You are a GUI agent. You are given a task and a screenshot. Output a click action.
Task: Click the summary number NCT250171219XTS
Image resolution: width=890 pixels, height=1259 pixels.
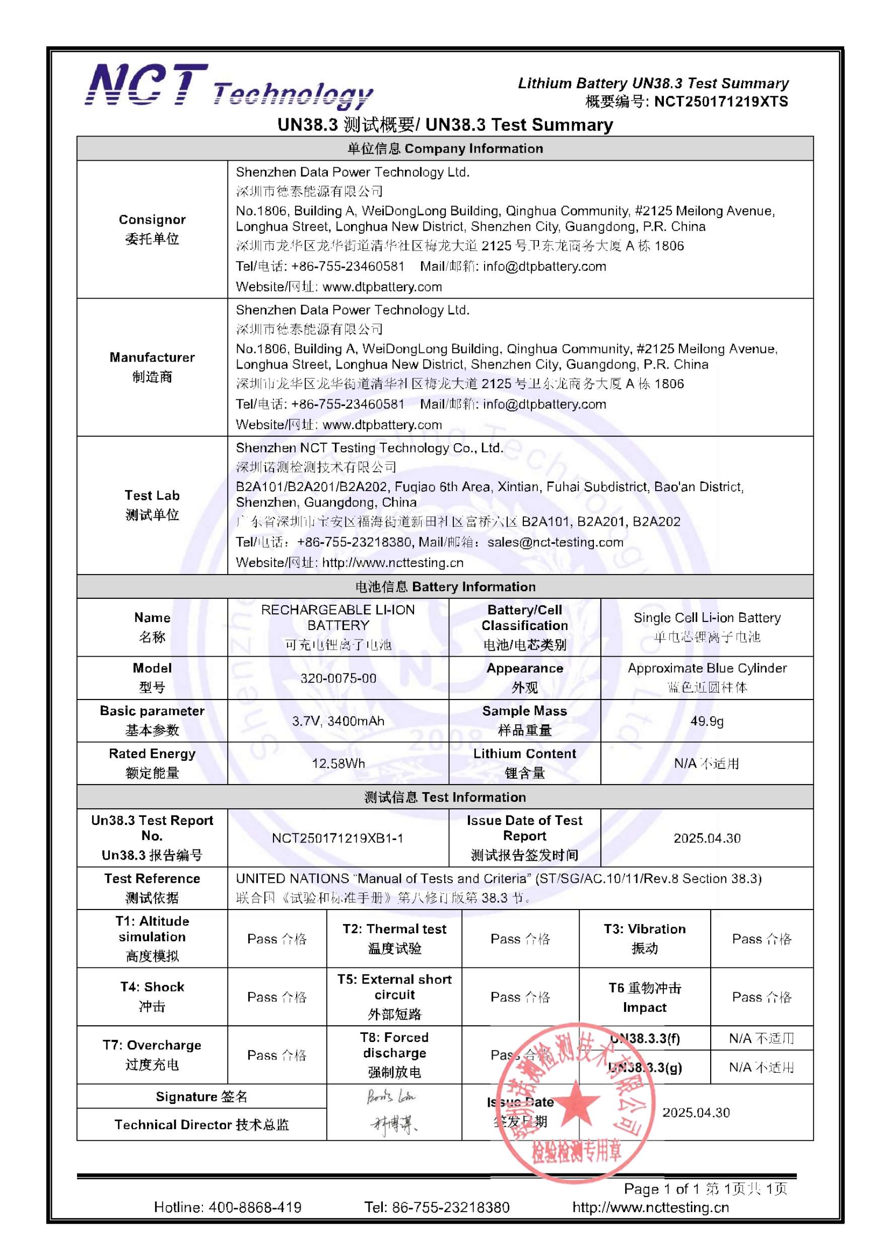(721, 101)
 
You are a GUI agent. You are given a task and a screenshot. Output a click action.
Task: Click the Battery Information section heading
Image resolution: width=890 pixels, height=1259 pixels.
(445, 586)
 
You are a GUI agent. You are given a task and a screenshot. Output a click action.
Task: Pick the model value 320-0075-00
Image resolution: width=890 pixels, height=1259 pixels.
(338, 678)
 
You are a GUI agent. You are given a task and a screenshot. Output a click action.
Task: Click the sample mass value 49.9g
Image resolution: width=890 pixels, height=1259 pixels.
(706, 721)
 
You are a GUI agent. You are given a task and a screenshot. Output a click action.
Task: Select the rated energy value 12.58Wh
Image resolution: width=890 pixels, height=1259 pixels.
(338, 763)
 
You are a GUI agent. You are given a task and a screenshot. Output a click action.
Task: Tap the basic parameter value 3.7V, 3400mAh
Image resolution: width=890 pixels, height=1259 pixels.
(338, 721)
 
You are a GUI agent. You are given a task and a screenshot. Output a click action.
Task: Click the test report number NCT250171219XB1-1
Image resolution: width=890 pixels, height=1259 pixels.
(338, 838)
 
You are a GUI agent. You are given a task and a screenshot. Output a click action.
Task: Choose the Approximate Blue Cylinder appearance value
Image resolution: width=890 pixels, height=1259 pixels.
(706, 668)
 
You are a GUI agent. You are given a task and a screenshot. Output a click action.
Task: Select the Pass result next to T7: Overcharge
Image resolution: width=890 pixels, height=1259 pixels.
(277, 1055)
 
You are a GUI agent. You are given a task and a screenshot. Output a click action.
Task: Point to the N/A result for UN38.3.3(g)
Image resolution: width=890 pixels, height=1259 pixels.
(761, 1067)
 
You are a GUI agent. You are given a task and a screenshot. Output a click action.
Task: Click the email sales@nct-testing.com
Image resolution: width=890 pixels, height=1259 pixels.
(555, 542)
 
